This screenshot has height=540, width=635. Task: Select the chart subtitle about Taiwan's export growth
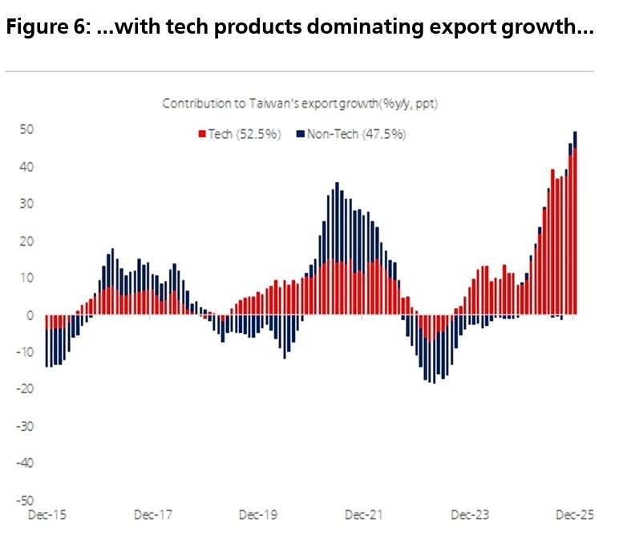[300, 104]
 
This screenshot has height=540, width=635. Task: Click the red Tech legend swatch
[202, 134]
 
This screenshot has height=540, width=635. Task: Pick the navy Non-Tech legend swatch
[300, 134]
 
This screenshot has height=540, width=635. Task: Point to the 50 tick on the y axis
[26, 130]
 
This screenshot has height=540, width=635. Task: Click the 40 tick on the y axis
[26, 167]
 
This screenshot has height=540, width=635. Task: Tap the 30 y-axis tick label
[26, 204]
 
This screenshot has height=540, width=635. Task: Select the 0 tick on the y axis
[30, 315]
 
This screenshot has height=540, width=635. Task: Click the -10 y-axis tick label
[24, 352]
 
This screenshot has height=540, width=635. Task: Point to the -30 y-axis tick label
[24, 426]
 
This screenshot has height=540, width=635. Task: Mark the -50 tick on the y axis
[24, 500]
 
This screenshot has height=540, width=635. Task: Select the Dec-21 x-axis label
[364, 515]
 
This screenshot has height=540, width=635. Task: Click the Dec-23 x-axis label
[471, 515]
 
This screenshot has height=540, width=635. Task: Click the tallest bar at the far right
[576, 225]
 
